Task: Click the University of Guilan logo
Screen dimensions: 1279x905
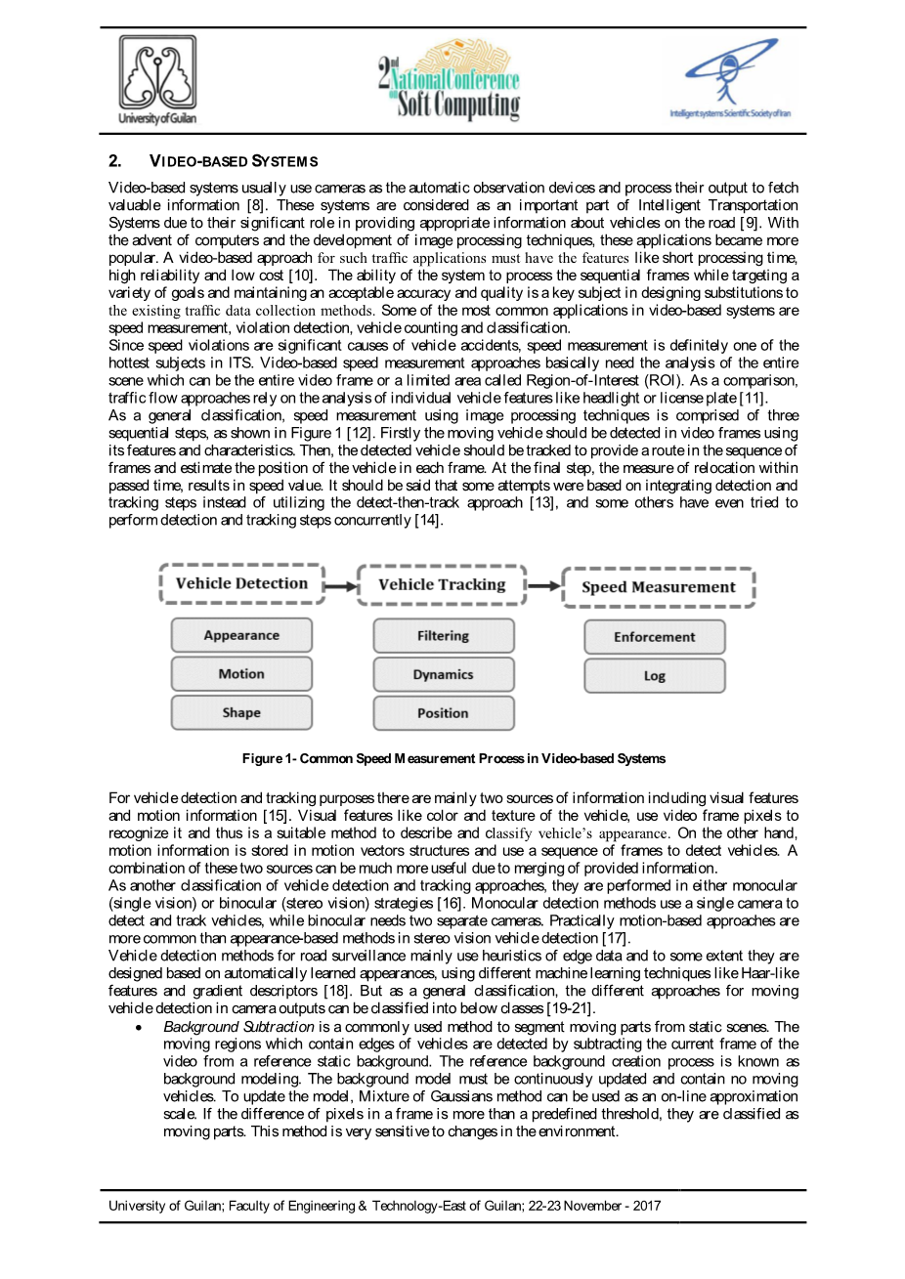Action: click(157, 80)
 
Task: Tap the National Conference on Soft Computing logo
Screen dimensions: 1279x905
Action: click(449, 81)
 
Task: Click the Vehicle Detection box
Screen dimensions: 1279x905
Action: click(241, 583)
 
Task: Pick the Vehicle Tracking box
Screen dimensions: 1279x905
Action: click(442, 584)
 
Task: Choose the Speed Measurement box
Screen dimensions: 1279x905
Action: click(658, 587)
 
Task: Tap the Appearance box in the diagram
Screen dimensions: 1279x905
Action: click(241, 635)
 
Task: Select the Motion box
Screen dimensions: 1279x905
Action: click(241, 674)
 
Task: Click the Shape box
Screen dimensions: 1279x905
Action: click(241, 713)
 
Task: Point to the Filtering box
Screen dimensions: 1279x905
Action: click(443, 636)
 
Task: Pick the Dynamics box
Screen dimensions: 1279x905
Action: click(443, 675)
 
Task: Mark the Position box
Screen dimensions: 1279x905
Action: click(443, 713)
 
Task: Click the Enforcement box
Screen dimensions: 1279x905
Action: click(655, 637)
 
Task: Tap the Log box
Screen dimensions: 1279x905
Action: click(655, 676)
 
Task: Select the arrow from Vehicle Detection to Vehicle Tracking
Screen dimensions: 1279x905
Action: click(341, 586)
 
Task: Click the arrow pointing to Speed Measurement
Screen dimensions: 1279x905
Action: click(544, 586)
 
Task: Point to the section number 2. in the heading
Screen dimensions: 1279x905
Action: click(115, 161)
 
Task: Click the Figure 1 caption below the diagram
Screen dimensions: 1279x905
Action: click(453, 758)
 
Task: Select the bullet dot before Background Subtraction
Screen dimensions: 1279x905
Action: click(141, 1028)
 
